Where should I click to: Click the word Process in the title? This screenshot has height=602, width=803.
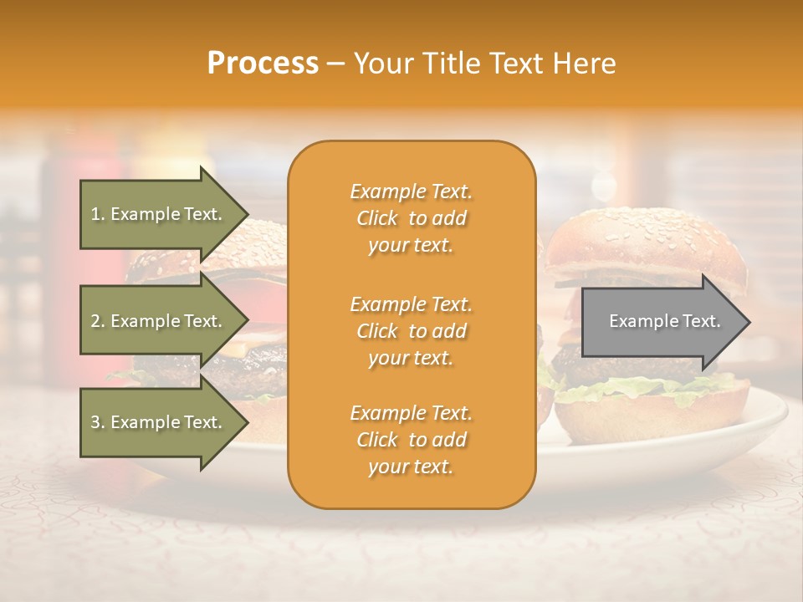(263, 64)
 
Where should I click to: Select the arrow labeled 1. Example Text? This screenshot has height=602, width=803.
(156, 214)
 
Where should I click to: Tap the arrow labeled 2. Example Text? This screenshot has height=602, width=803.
(156, 321)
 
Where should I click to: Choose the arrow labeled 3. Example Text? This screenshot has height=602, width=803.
(156, 422)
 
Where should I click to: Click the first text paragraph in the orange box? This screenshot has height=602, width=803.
(411, 218)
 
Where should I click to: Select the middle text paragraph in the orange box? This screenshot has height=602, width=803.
(411, 330)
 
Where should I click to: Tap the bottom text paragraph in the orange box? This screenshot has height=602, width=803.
(411, 440)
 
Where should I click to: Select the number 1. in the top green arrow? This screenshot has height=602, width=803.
(97, 214)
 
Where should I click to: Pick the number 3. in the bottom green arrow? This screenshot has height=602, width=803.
(97, 422)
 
